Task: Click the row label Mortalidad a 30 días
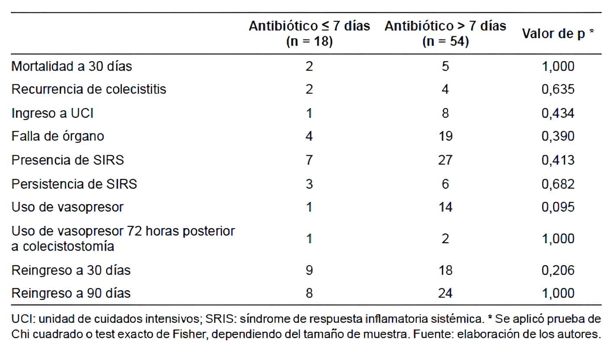pyautogui.click(x=71, y=66)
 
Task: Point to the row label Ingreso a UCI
pyautogui.click(x=52, y=113)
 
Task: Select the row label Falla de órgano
pyautogui.click(x=58, y=136)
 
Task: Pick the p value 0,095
pyautogui.click(x=558, y=207)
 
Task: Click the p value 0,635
pyautogui.click(x=558, y=90)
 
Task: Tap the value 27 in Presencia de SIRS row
pyautogui.click(x=445, y=160)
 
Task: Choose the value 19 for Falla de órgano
pyautogui.click(x=445, y=136)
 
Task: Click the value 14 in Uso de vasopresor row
pyautogui.click(x=445, y=207)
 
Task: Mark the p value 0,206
pyautogui.click(x=558, y=270)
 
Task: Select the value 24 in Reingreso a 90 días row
pyautogui.click(x=445, y=293)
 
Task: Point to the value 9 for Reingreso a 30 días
pyautogui.click(x=309, y=270)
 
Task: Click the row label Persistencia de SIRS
pyautogui.click(x=74, y=183)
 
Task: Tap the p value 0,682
pyautogui.click(x=558, y=183)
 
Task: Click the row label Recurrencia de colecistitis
pyautogui.click(x=89, y=90)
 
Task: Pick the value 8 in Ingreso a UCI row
pyautogui.click(x=445, y=113)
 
